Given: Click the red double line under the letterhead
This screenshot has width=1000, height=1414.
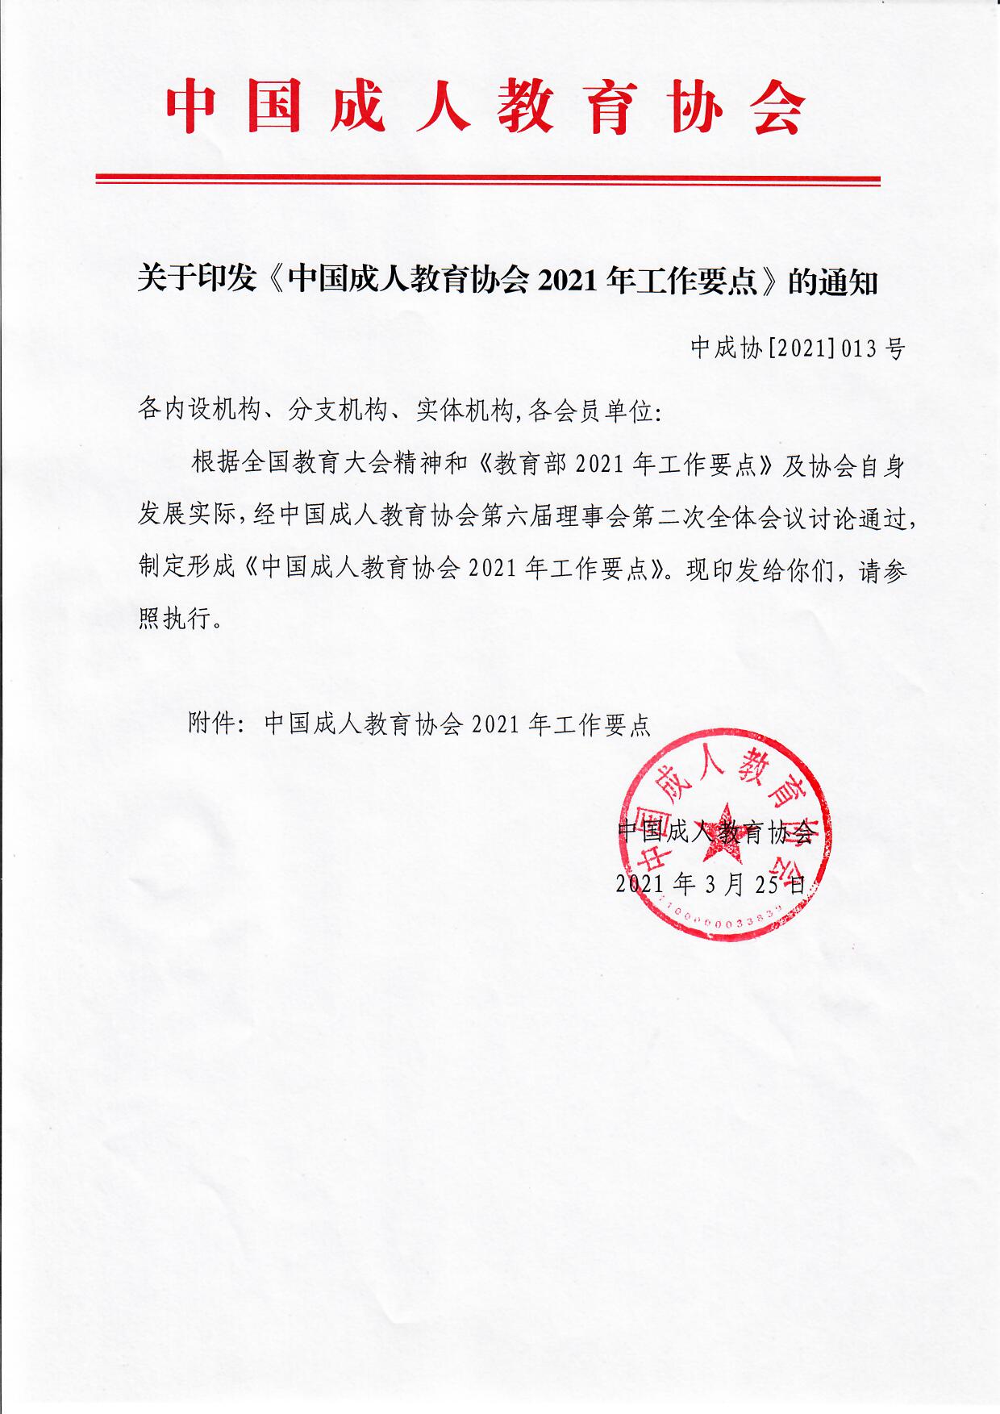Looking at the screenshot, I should click(487, 179).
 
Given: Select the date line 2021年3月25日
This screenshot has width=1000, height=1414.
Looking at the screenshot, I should click(710, 884).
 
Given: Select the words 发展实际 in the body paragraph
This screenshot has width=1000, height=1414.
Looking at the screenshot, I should click(186, 517).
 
